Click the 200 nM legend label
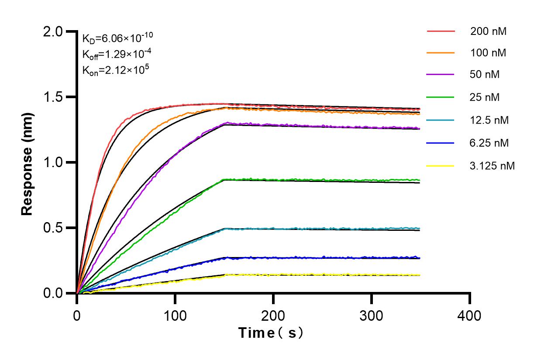[488, 31]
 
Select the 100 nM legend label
[488, 53]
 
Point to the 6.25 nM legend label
[489, 143]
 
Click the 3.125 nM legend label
[493, 166]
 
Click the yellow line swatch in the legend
[441, 166]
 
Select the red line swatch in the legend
[441, 31]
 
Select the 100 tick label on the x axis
[175, 315]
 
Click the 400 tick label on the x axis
[470, 315]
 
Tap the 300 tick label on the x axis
[372, 315]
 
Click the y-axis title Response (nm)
[28, 162]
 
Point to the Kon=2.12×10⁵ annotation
[113, 69]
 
